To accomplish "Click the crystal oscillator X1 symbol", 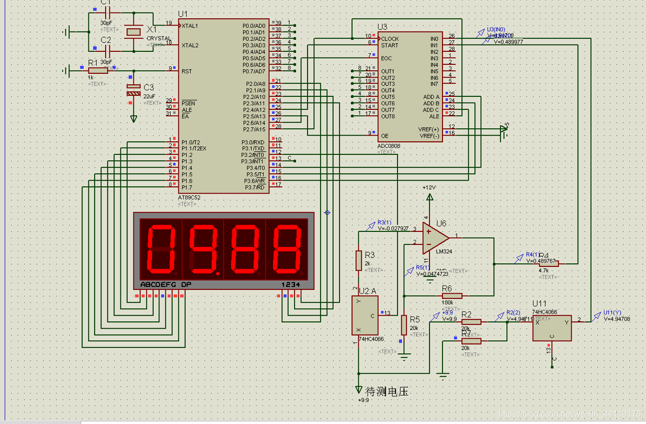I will (x=134, y=32).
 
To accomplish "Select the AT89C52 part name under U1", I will (x=189, y=197).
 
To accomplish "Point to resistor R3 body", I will (x=359, y=260).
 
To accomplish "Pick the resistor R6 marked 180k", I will (x=452, y=296).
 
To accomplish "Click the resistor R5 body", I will (x=404, y=325).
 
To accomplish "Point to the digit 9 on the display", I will (x=202, y=249).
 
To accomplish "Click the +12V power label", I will (x=429, y=187).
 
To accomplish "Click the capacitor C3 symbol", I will (x=134, y=90).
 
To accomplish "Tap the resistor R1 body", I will (x=98, y=70).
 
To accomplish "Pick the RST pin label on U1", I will (x=186, y=71).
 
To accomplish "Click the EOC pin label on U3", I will (x=387, y=58).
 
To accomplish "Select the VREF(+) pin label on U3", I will (x=428, y=129).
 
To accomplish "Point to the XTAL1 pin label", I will (x=190, y=26).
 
